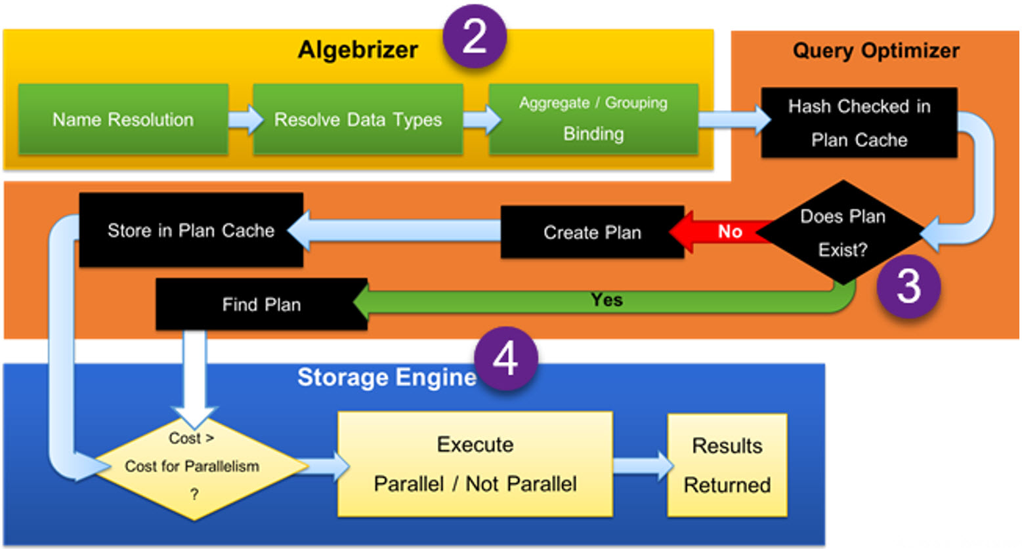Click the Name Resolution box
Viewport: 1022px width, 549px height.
(x=123, y=119)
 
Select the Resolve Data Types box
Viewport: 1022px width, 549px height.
(x=358, y=119)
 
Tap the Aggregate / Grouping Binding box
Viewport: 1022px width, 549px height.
(x=593, y=119)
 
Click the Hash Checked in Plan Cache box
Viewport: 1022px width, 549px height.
(x=859, y=123)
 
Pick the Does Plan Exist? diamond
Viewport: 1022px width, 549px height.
(x=843, y=233)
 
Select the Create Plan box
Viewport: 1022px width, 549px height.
(x=592, y=232)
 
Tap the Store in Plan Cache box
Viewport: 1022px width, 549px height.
(x=191, y=230)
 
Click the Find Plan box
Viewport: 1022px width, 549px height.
(x=261, y=304)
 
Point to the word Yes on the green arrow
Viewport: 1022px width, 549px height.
(x=607, y=300)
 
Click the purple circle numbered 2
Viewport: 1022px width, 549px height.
(x=474, y=36)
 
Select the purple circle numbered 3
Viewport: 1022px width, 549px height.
(x=908, y=287)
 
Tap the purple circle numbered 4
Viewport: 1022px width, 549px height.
(x=505, y=359)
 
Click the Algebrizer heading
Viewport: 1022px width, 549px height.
(x=358, y=50)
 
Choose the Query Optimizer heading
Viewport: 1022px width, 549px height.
(x=876, y=51)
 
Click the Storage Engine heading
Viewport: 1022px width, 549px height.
(x=386, y=377)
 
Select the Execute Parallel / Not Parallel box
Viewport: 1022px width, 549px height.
(x=475, y=464)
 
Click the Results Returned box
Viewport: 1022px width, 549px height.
(x=727, y=465)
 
